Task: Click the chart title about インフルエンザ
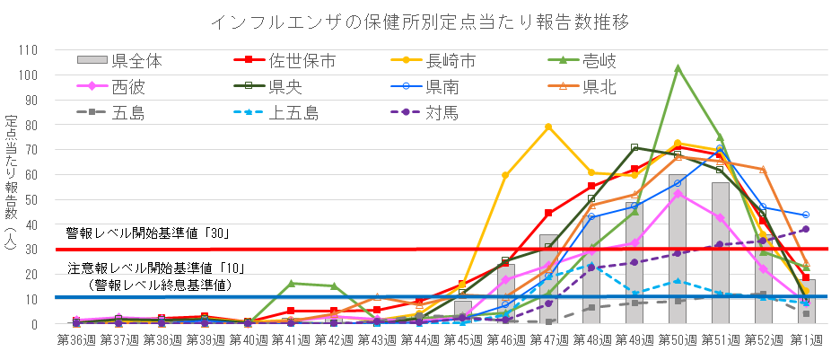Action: pyautogui.click(x=420, y=21)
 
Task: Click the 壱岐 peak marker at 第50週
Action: pyautogui.click(x=678, y=68)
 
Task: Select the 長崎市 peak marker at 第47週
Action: pyautogui.click(x=548, y=127)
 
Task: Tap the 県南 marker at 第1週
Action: pyautogui.click(x=806, y=215)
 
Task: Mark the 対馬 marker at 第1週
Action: pyautogui.click(x=806, y=229)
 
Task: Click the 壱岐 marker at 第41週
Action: pyautogui.click(x=291, y=284)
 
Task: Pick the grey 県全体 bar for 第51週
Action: pyautogui.click(x=721, y=252)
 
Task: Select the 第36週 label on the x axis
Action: pyautogui.click(x=75, y=342)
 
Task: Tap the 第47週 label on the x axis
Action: pyautogui.click(x=548, y=342)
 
